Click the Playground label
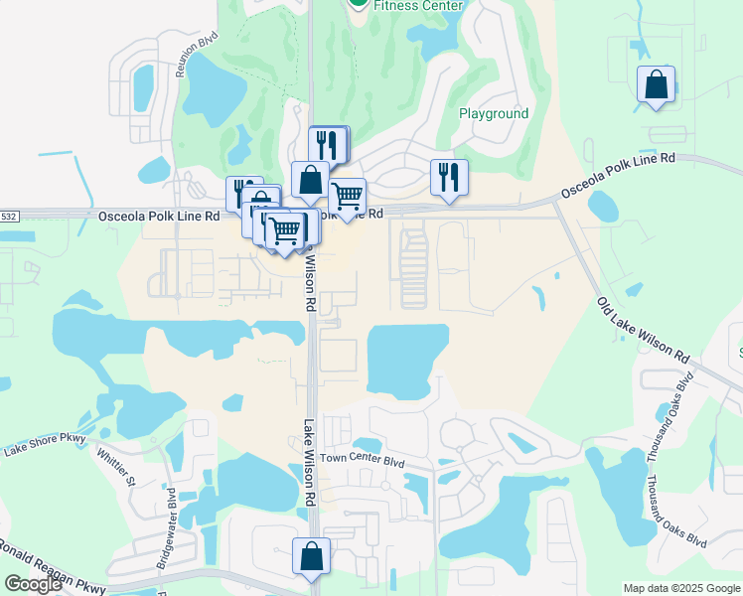(x=494, y=113)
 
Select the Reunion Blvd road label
(x=196, y=54)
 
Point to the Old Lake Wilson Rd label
(x=644, y=329)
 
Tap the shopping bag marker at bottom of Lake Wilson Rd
(x=311, y=557)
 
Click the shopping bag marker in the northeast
(x=657, y=85)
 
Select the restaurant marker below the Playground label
(x=449, y=178)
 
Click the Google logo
(x=33, y=584)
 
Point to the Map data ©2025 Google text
(x=680, y=588)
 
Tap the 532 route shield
(x=8, y=216)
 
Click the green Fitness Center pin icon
(x=358, y=3)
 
